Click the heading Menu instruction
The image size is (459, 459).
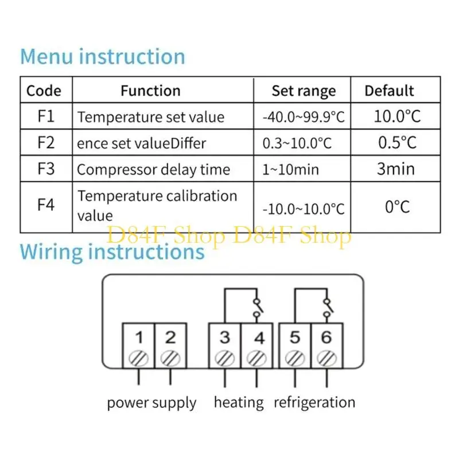(x=103, y=57)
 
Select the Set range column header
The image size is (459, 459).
(x=304, y=91)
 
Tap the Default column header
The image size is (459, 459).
(x=389, y=91)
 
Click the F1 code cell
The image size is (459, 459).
(x=46, y=116)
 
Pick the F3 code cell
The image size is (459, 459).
(x=46, y=169)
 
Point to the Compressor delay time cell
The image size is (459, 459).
(x=153, y=170)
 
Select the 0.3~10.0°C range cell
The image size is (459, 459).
(x=297, y=143)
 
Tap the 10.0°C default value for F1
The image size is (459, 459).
(x=397, y=116)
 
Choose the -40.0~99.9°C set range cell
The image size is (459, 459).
(x=304, y=117)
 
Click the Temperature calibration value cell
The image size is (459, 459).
(x=157, y=205)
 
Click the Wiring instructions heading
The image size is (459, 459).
(x=112, y=252)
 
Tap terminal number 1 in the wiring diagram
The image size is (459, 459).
(x=138, y=337)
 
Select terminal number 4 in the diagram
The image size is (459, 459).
(x=259, y=337)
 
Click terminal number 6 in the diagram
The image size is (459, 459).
(x=326, y=337)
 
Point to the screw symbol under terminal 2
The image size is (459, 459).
(x=170, y=358)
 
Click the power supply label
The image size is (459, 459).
(x=151, y=403)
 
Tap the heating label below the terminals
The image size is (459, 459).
(x=239, y=403)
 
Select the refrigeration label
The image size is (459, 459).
(x=314, y=403)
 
